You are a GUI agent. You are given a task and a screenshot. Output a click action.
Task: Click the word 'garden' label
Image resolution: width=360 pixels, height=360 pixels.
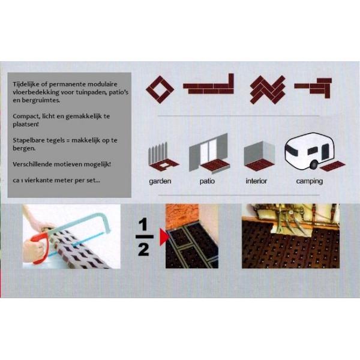(160, 181)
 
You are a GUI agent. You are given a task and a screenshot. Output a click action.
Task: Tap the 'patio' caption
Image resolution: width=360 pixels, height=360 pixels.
(207, 181)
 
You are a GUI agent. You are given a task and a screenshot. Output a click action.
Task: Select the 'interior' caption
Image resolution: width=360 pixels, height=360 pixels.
(256, 181)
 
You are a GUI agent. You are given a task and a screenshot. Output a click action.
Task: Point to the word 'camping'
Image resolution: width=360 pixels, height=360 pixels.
(309, 181)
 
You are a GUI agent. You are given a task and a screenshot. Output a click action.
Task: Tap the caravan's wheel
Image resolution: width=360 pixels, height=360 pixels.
(314, 164)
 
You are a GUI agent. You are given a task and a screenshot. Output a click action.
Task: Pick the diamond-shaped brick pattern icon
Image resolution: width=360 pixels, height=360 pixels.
(160, 89)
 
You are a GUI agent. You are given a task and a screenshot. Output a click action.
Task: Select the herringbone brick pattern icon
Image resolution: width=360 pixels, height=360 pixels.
(268, 89)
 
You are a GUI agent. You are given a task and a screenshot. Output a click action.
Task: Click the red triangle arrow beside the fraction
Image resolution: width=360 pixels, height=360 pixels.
(164, 237)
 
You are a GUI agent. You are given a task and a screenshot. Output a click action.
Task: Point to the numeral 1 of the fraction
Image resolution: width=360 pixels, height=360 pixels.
(143, 224)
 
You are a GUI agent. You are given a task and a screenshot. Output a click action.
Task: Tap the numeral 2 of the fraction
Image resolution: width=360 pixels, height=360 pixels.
(144, 250)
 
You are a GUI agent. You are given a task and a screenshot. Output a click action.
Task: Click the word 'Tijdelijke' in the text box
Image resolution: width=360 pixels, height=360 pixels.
(26, 84)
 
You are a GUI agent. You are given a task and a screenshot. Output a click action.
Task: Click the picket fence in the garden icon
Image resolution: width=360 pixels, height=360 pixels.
(158, 153)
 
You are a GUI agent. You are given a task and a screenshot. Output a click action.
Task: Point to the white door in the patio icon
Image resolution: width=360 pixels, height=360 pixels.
(208, 151)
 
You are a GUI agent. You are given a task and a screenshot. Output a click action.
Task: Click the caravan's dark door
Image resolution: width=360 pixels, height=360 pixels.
(325, 152)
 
